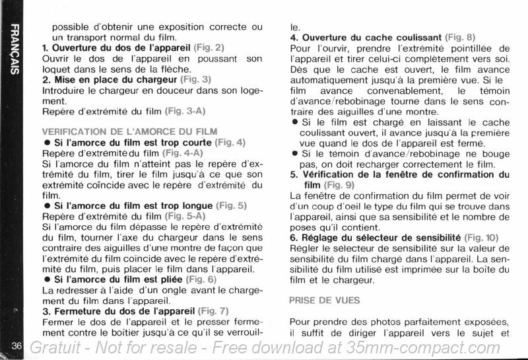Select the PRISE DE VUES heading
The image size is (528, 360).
324,300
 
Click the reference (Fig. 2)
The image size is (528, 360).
209,48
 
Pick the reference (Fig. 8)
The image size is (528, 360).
460,37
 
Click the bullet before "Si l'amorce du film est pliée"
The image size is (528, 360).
47,280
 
